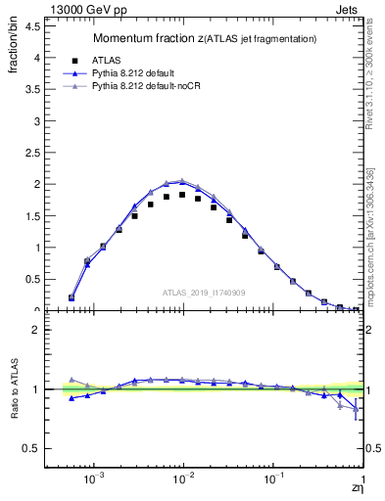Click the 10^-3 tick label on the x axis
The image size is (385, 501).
pyautogui.click(x=94, y=481)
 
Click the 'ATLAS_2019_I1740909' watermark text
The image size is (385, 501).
pyautogui.click(x=203, y=293)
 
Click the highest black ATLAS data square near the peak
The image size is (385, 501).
pyautogui.click(x=182, y=195)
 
